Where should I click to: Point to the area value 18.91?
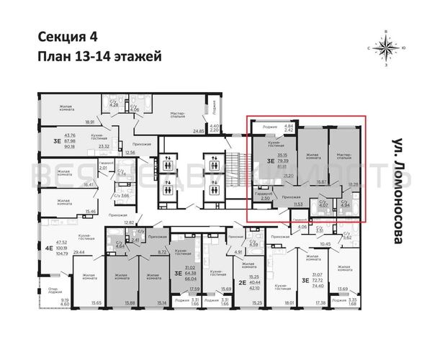91,122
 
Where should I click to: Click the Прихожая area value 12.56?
130,153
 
